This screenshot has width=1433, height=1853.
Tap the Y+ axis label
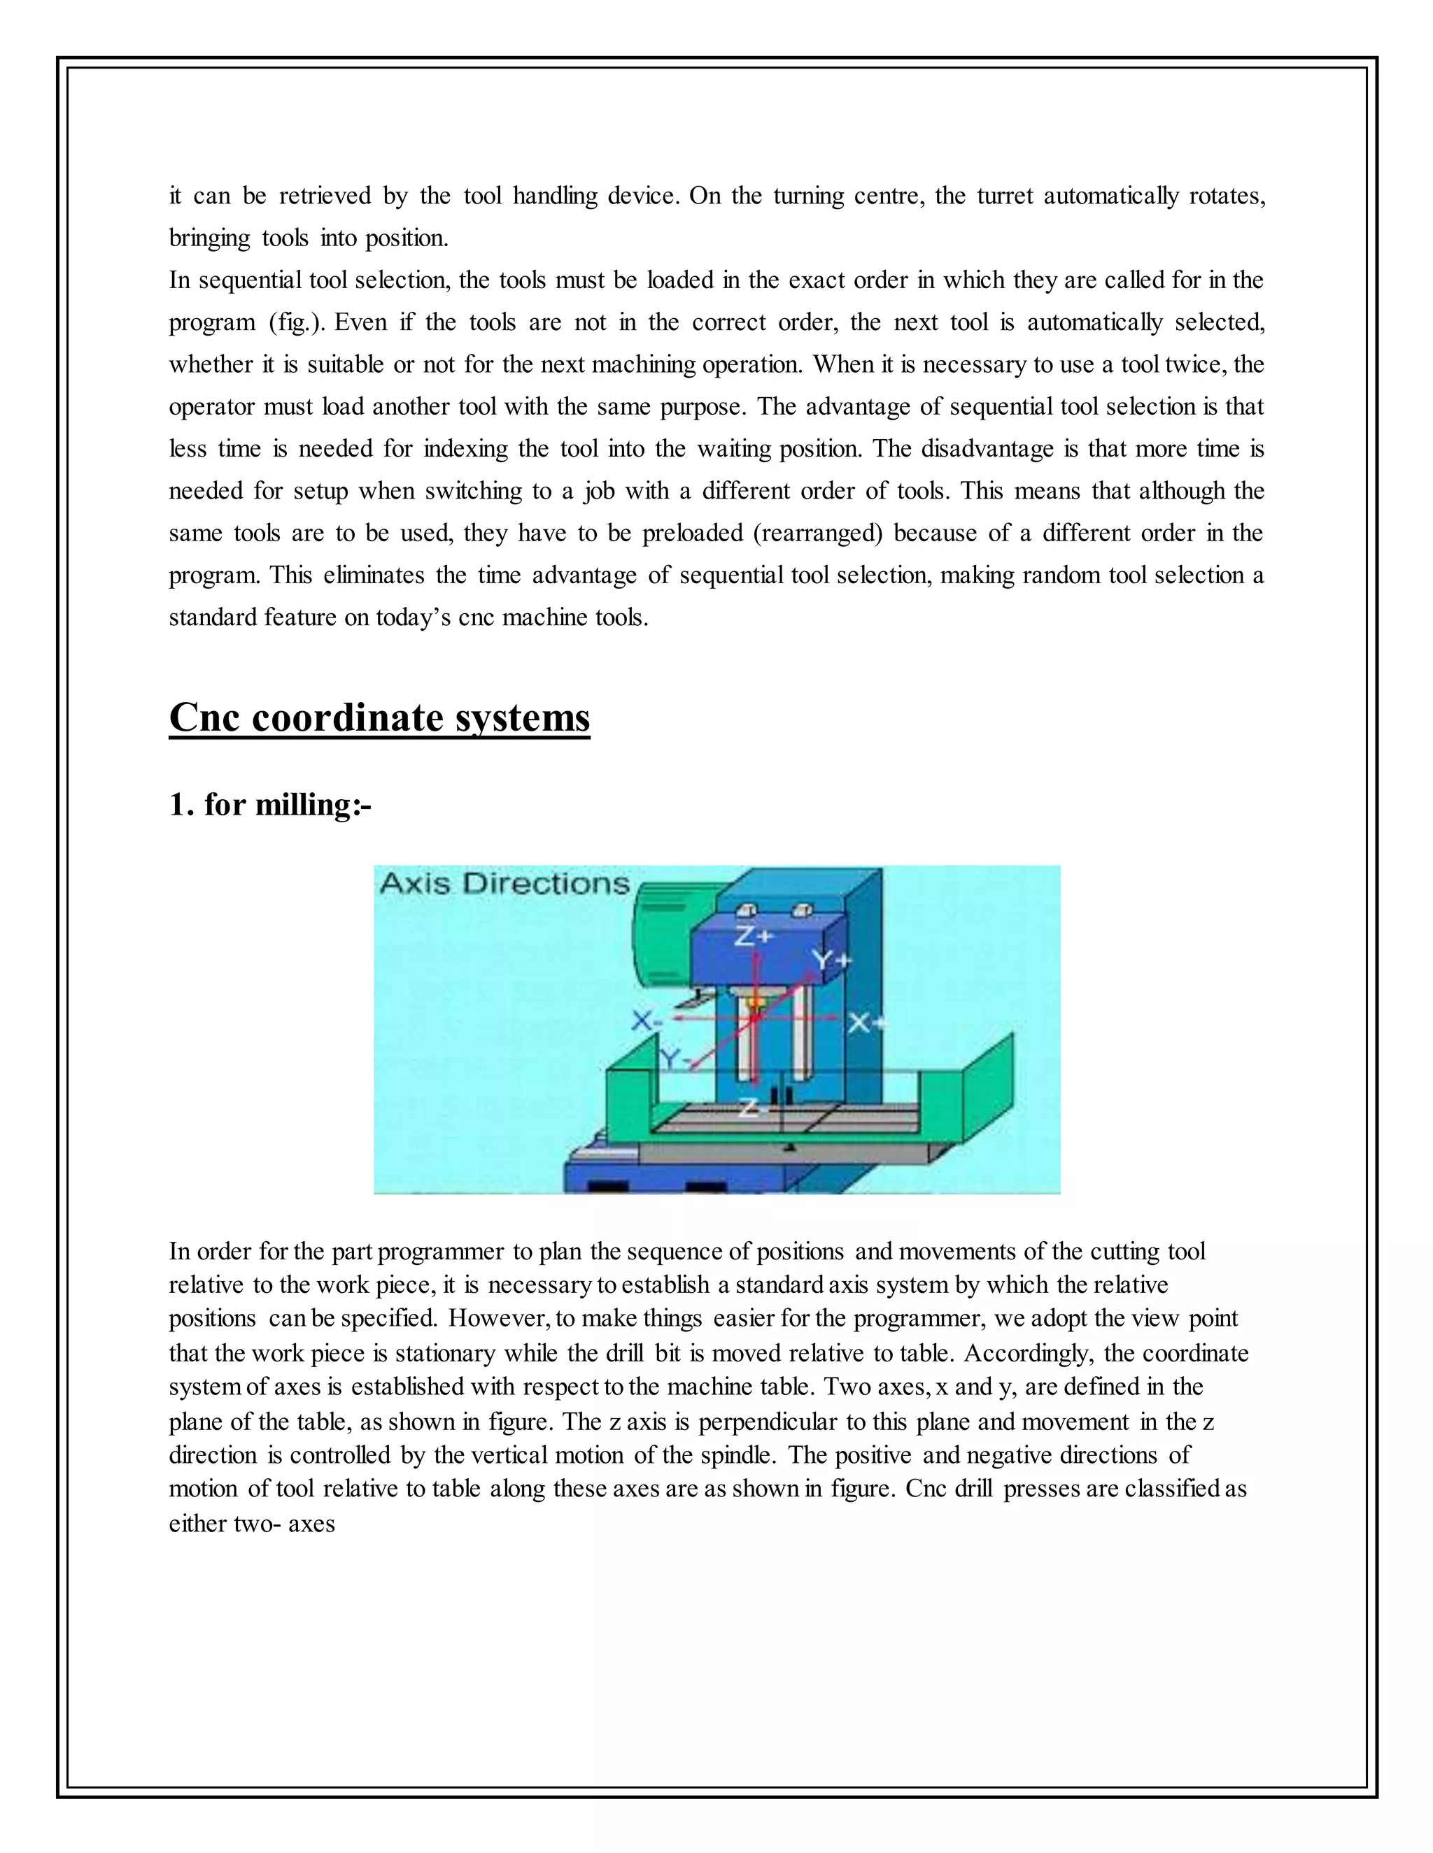[x=831, y=959]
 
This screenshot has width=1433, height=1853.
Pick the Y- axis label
[x=672, y=1057]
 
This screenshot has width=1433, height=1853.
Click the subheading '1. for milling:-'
[x=270, y=803]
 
